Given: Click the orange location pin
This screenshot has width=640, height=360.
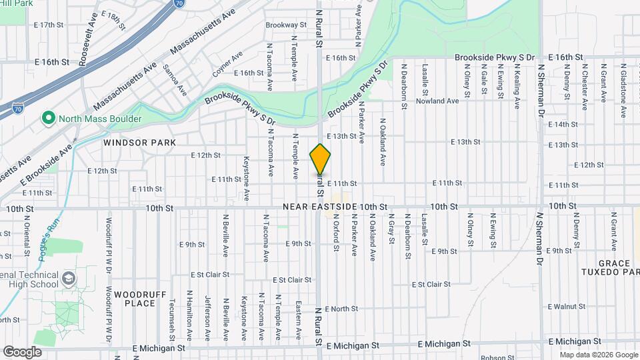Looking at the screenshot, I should (321, 159).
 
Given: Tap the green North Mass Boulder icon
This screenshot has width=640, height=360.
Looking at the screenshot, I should (48, 119).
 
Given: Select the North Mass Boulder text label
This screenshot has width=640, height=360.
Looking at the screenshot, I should (100, 119).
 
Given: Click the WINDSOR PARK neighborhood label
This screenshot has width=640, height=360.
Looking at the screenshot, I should (139, 143).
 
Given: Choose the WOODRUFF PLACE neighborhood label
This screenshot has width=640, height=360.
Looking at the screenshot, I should (135, 298).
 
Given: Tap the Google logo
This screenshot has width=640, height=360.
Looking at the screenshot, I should (22, 351).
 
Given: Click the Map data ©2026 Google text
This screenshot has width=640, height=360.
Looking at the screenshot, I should (597, 355).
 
